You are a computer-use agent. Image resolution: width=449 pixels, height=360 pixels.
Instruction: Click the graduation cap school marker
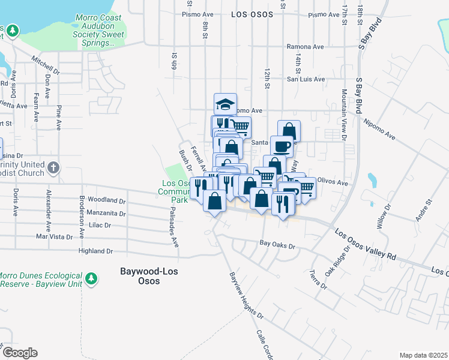click(x=226, y=104)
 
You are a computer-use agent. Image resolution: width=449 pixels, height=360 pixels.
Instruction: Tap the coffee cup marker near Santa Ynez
click(x=282, y=146)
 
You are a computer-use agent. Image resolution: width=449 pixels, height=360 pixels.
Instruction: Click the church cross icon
click(x=53, y=167)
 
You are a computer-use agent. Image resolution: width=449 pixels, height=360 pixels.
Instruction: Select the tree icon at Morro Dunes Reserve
click(x=91, y=278)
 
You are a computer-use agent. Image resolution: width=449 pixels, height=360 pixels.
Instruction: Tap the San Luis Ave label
click(x=305, y=79)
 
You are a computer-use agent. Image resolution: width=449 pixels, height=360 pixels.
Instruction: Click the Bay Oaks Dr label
click(x=278, y=246)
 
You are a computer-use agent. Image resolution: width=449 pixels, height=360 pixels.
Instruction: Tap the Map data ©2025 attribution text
click(x=423, y=355)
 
